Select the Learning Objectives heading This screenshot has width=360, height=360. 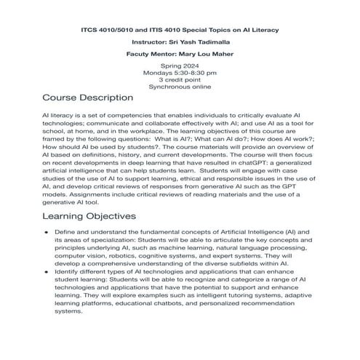click(x=89, y=216)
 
